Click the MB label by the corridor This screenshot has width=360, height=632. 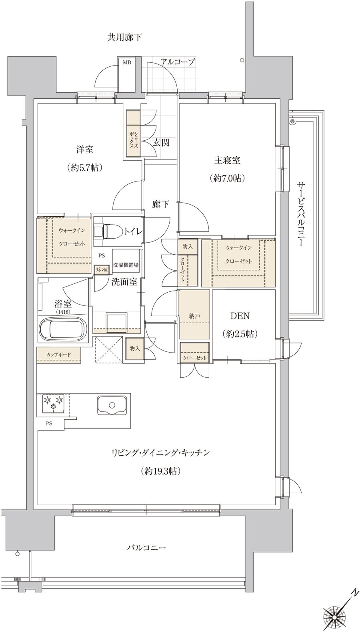pos(127,63)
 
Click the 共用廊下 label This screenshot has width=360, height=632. pos(124,37)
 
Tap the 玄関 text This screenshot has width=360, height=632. pos(161,143)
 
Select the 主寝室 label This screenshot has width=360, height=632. pos(227,160)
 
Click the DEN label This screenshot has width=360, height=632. pos(240,316)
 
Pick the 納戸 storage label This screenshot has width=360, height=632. pos(194,316)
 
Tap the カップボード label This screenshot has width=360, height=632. pos(59,354)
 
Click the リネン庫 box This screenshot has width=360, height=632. pos(101,269)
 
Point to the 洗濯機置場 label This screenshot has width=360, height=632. pos(126,265)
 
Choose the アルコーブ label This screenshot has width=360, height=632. pos(178,62)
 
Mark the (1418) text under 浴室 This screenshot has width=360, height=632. pos(63,312)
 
